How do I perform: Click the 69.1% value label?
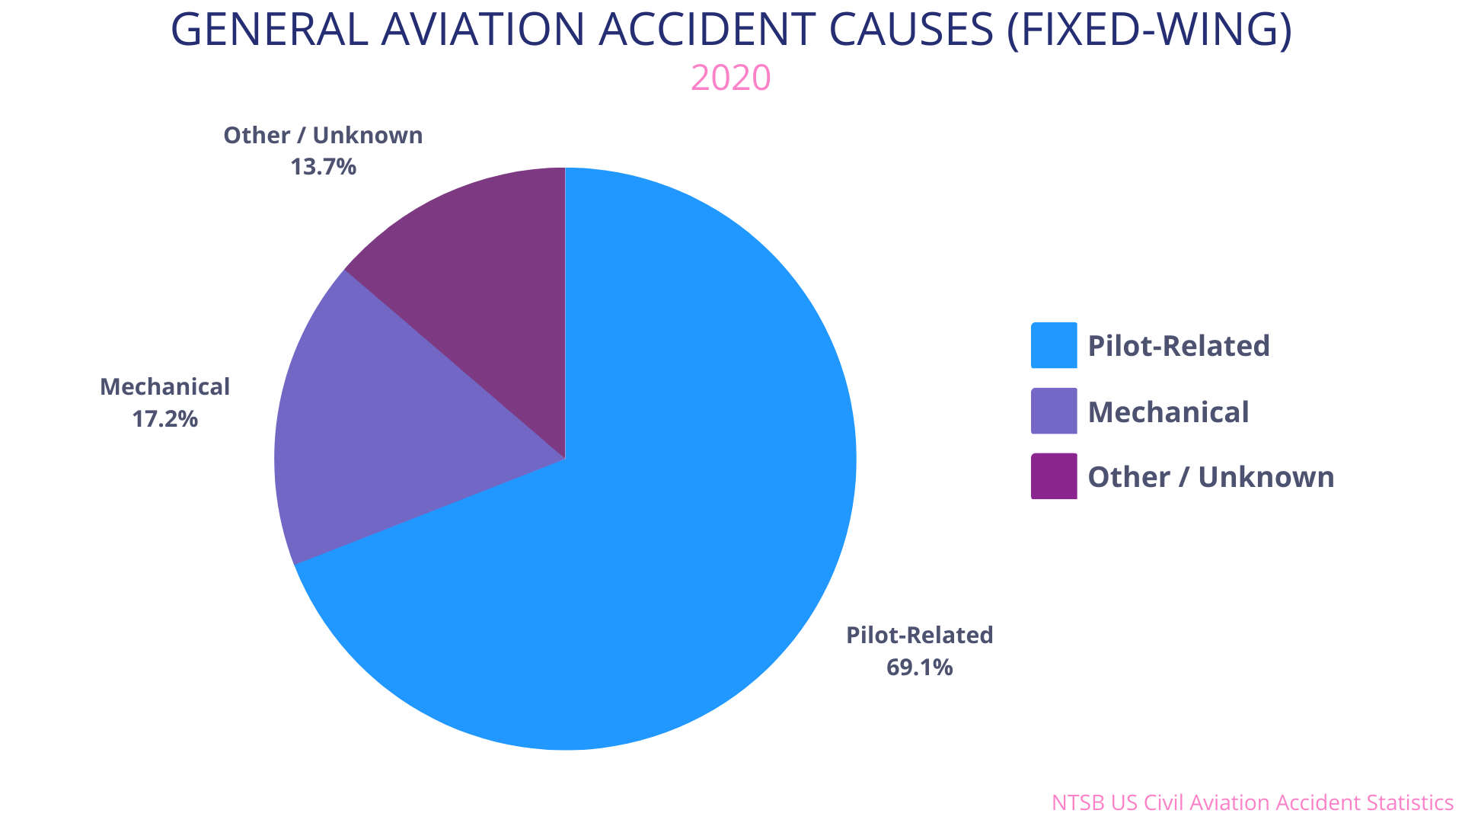point(919,668)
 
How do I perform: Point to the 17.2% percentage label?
point(164,419)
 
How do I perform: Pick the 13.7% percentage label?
point(323,167)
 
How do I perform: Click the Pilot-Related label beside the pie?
point(919,635)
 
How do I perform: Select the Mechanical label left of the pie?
point(164,387)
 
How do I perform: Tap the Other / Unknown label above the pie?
point(323,136)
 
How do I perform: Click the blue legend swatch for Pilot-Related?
point(1054,345)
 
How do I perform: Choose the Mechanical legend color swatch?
point(1054,411)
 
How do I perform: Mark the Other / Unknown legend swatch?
point(1054,476)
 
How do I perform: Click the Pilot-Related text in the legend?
point(1179,346)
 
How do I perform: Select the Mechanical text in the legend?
point(1168,412)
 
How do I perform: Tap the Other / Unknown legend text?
point(1211,477)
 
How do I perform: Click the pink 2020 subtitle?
point(730,78)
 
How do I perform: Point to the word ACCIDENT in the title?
point(706,30)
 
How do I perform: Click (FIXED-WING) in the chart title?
point(1149,30)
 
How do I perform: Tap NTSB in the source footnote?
point(1077,802)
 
